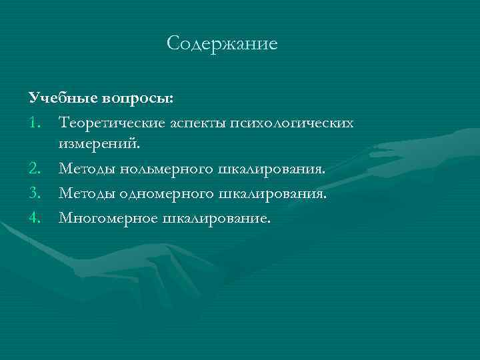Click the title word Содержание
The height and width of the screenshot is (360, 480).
click(x=221, y=45)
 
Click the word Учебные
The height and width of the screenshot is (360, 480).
click(x=63, y=99)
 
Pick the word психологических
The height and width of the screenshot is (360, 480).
click(x=291, y=123)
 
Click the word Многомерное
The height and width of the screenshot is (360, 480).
click(x=108, y=217)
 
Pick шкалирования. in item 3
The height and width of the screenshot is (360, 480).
click(x=273, y=193)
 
